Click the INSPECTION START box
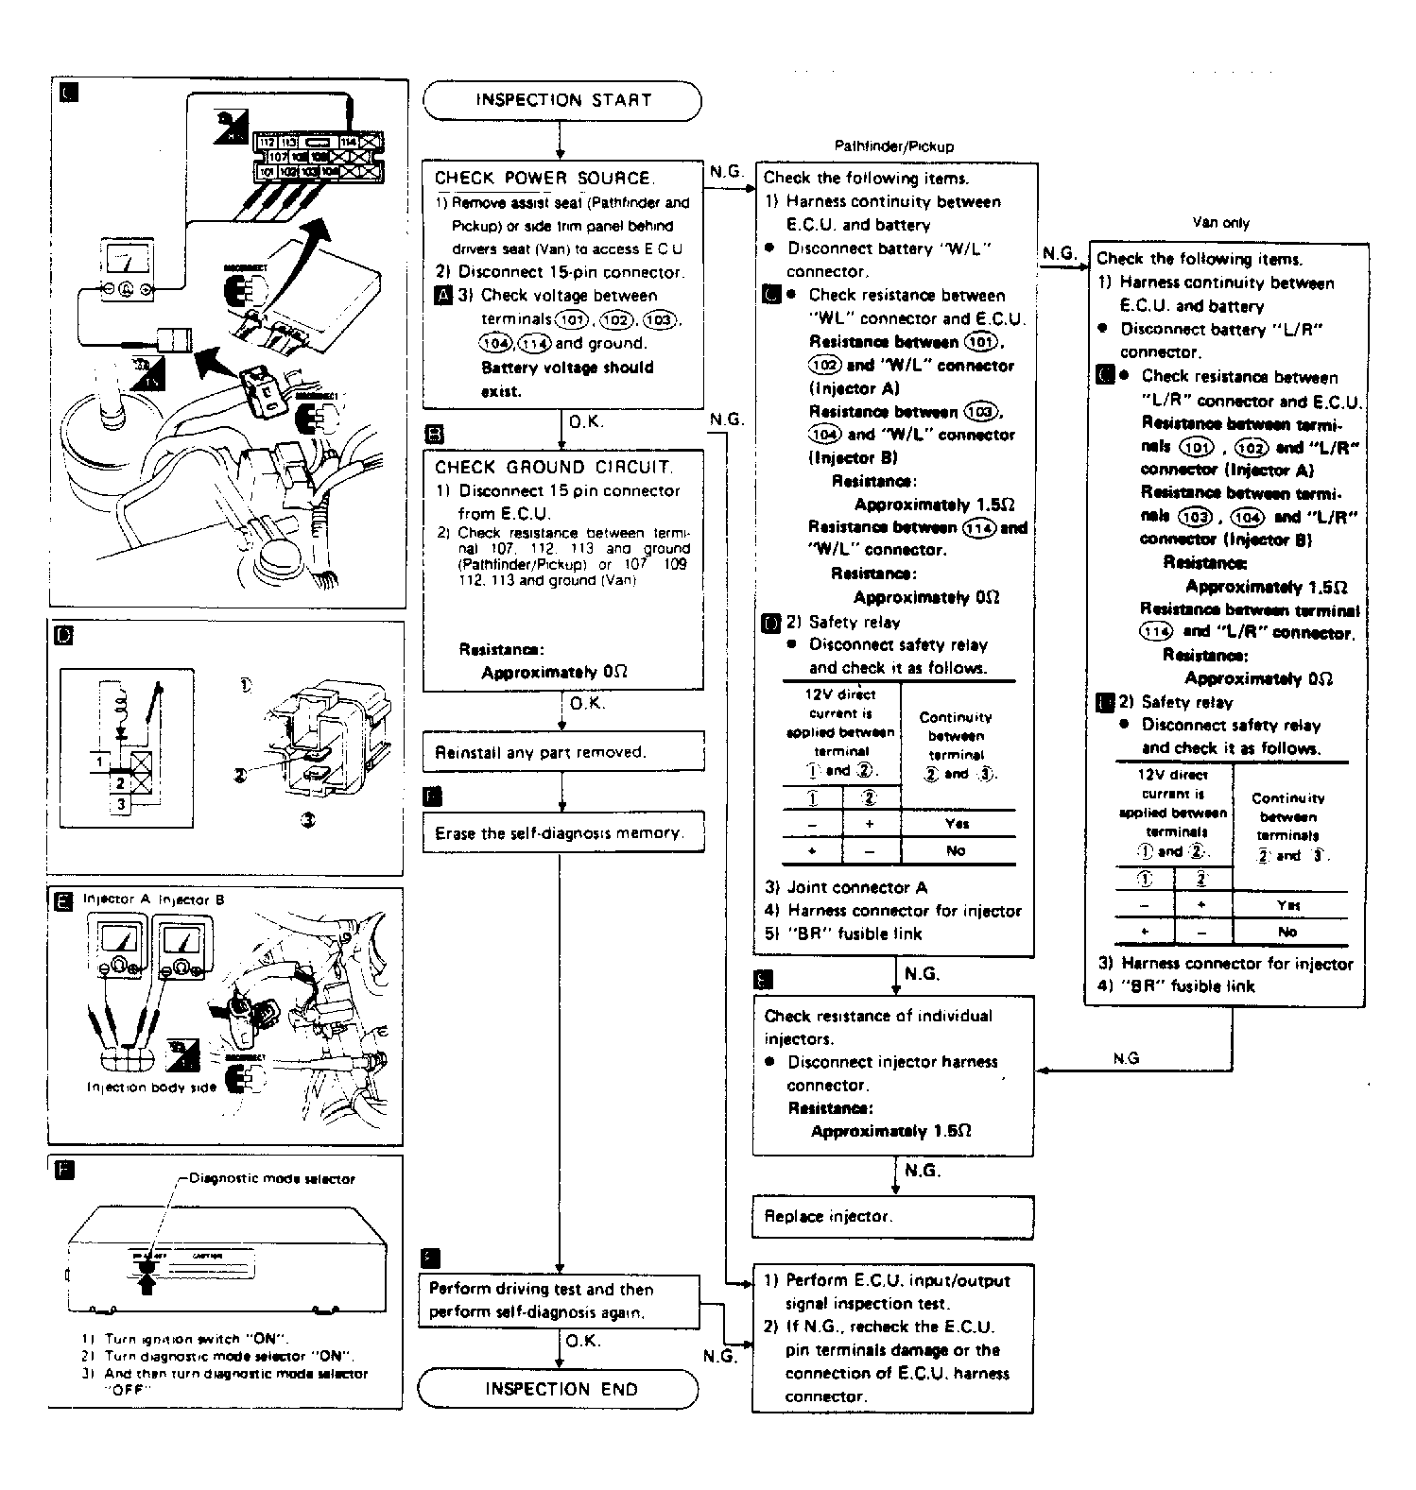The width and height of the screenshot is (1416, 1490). point(562,100)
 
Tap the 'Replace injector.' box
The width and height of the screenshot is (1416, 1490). point(892,1217)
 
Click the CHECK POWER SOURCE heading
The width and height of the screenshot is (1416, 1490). point(543,178)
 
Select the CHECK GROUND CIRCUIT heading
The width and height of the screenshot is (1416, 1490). point(553,467)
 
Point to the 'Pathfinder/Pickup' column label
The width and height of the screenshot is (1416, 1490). point(893,146)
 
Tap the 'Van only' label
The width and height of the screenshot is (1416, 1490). point(1220,223)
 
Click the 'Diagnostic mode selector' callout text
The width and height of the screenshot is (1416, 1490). point(272,1178)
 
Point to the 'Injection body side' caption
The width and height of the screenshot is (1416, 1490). point(151,1088)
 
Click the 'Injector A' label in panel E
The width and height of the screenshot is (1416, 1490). point(110,899)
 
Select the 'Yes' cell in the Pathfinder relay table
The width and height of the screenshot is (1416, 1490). point(957,823)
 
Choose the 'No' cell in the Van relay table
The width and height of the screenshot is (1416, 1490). point(1287,932)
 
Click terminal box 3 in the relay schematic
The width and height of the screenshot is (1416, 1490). point(121,805)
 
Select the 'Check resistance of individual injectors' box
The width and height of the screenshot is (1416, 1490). point(892,1074)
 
